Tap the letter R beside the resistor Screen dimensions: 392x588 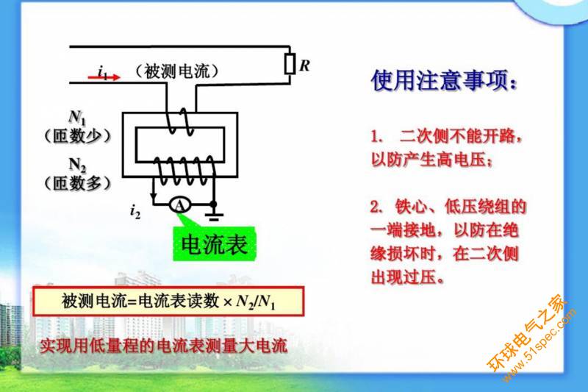304,65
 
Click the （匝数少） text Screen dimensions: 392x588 76,135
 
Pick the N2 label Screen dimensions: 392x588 78,164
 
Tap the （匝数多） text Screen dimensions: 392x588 76,183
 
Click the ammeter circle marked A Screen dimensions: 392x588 178,206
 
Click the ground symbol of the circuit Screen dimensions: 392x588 213,215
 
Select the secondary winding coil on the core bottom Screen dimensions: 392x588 182,171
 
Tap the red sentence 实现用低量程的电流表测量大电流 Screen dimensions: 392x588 163,345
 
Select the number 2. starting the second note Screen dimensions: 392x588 378,205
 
